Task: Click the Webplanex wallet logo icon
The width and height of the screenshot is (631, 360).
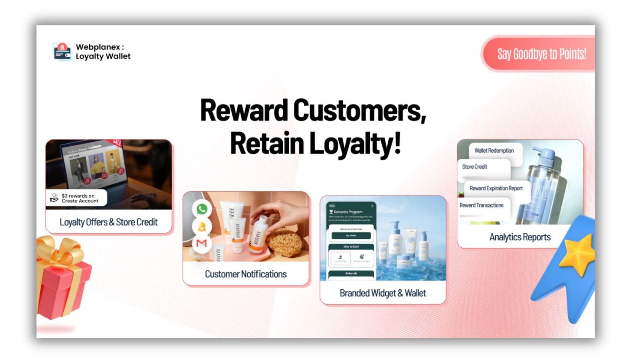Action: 62,52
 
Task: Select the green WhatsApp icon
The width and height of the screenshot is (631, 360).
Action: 202,209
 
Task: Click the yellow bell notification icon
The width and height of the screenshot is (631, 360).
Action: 202,226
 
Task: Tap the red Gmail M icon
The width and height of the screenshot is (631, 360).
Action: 202,243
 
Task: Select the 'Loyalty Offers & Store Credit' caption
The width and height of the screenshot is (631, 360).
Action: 108,222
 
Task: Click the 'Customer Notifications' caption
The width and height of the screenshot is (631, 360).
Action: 246,274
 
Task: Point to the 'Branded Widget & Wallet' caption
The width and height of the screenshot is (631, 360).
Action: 383,293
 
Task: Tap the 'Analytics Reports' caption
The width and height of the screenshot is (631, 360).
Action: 520,237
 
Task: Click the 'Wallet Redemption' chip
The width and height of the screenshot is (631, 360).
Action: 494,151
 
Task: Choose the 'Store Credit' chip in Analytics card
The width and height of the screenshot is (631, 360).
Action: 475,167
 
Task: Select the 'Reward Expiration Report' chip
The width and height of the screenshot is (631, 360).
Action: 496,189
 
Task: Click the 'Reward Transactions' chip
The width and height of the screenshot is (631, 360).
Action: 481,206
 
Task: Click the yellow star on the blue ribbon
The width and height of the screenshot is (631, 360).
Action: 578,254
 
